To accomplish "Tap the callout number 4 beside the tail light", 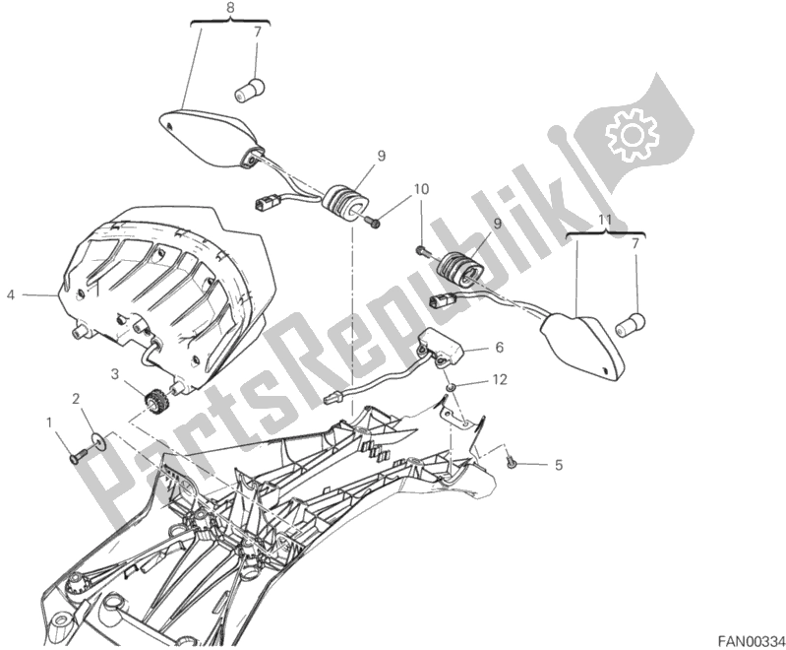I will tap(11, 293).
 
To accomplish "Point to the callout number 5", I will tap(559, 465).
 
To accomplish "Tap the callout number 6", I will tap(498, 347).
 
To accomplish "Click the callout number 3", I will tap(115, 373).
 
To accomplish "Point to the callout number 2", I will tap(75, 398).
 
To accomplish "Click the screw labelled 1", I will tap(78, 454).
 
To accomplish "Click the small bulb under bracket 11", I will tap(626, 322).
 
